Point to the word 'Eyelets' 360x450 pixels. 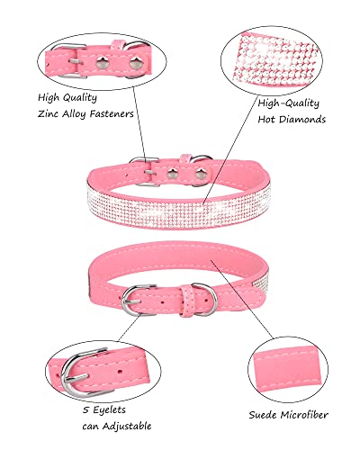point(109,410)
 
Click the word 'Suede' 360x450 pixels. point(263,415)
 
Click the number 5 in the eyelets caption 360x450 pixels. point(85,410)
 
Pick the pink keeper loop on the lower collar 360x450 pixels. point(186,301)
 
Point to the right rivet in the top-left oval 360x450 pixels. point(135,63)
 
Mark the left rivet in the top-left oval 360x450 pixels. point(102,63)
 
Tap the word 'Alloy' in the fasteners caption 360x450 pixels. point(75,114)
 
